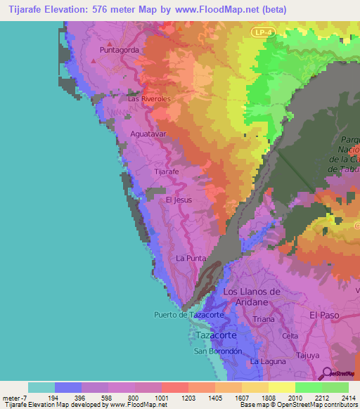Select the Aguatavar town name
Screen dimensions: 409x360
(149, 132)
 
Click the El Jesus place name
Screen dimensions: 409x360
(179, 200)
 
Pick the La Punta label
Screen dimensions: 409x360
(190, 258)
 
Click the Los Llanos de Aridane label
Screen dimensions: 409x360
(251, 296)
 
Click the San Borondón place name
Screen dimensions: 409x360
(218, 351)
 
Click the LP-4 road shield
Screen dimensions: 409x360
(261, 33)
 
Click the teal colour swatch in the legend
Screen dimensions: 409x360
(41, 387)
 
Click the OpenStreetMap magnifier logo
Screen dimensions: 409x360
(326, 373)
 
